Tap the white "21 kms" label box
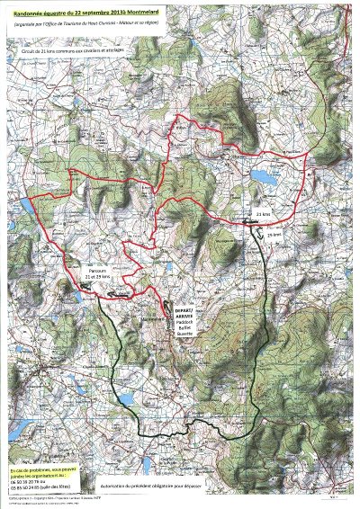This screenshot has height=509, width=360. pos(262,215)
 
